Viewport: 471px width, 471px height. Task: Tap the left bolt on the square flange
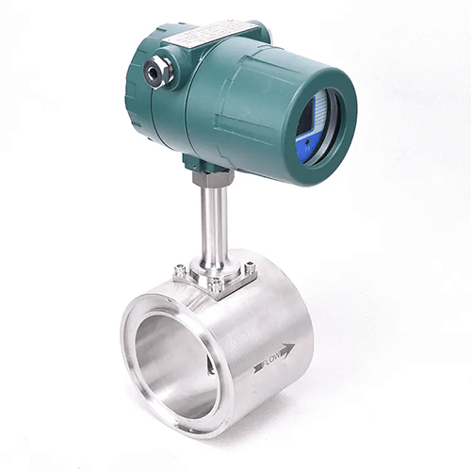[179, 272]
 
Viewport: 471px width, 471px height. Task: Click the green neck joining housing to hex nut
[209, 162]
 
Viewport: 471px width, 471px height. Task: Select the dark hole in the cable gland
[154, 73]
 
